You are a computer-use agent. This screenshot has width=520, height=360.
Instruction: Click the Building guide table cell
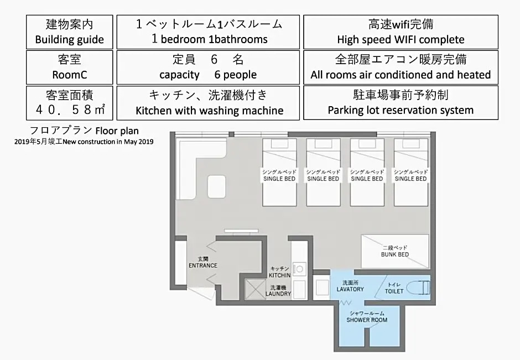click(x=70, y=32)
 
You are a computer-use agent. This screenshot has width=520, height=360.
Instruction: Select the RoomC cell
click(x=70, y=67)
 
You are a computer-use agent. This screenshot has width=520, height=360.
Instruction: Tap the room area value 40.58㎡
click(x=70, y=109)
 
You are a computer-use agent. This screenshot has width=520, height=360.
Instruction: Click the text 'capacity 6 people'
click(x=208, y=75)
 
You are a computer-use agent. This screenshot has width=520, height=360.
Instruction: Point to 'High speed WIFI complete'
click(x=401, y=40)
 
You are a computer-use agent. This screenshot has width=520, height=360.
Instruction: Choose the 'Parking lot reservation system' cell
click(x=401, y=103)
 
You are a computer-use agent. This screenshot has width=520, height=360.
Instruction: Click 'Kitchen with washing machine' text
click(x=210, y=111)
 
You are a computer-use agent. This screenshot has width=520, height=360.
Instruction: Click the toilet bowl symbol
click(x=418, y=288)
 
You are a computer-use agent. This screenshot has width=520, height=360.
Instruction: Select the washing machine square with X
click(x=256, y=289)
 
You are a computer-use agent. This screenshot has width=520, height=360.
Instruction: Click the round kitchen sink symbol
click(x=299, y=269)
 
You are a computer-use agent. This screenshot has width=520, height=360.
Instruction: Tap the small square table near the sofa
click(x=216, y=187)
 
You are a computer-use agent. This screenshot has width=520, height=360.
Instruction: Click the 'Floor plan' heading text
click(x=117, y=131)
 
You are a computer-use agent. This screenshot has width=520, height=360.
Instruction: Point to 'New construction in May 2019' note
click(x=108, y=142)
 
